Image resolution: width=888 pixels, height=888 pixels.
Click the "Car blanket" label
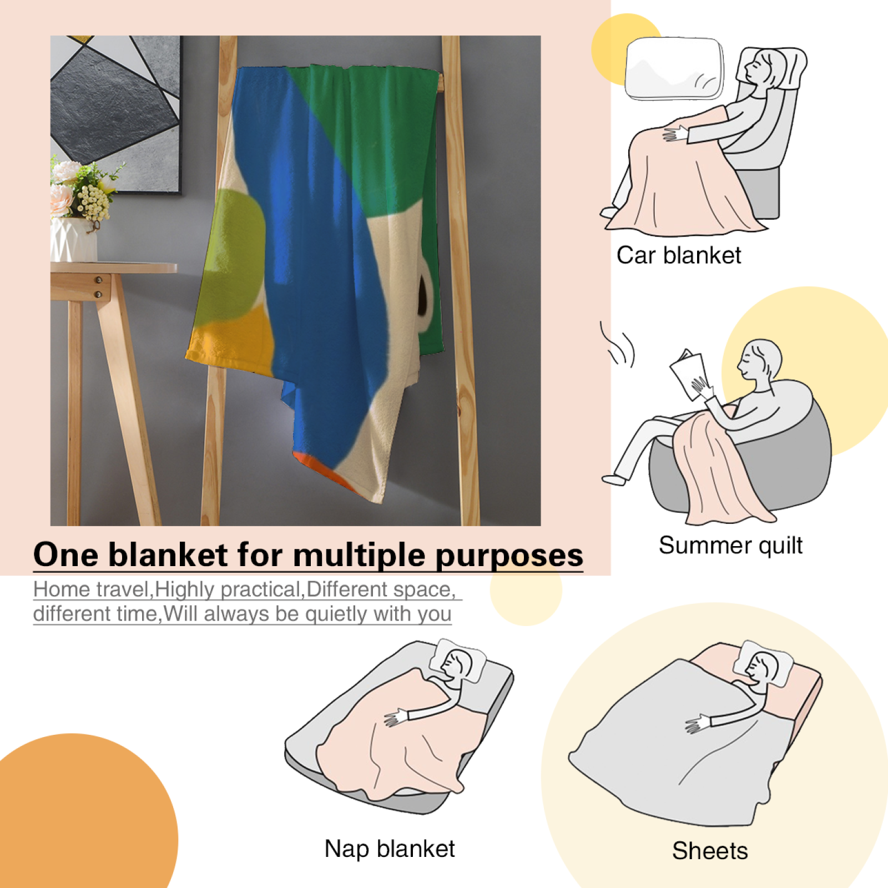pos(679,256)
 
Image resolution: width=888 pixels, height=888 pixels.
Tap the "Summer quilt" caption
pos(730,546)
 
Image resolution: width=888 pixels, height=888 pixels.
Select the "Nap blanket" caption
pos(390,849)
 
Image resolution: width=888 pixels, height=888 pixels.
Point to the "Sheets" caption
pos(710,851)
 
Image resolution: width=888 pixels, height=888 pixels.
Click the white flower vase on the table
pos(73,239)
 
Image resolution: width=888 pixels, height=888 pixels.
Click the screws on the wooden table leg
pos(98,287)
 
